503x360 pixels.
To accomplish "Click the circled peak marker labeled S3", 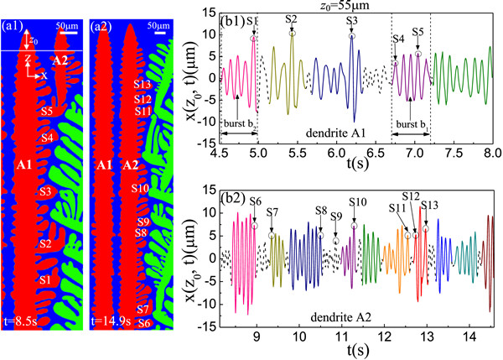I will point(352,36).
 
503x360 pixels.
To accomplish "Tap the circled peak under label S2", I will point(293,33).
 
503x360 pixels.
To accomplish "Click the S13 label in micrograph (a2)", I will point(143,85).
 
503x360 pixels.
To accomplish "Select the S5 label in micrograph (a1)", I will point(47,111).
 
